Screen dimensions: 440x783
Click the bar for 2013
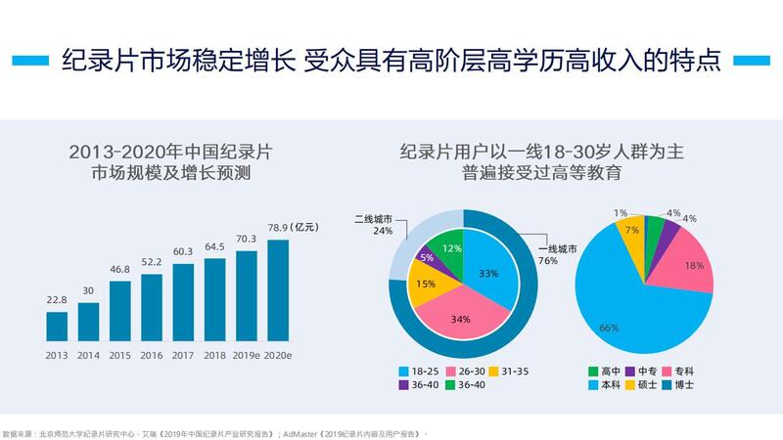[x=57, y=326]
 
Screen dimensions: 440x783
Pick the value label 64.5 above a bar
[x=214, y=246]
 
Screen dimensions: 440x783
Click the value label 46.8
[x=120, y=269]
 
